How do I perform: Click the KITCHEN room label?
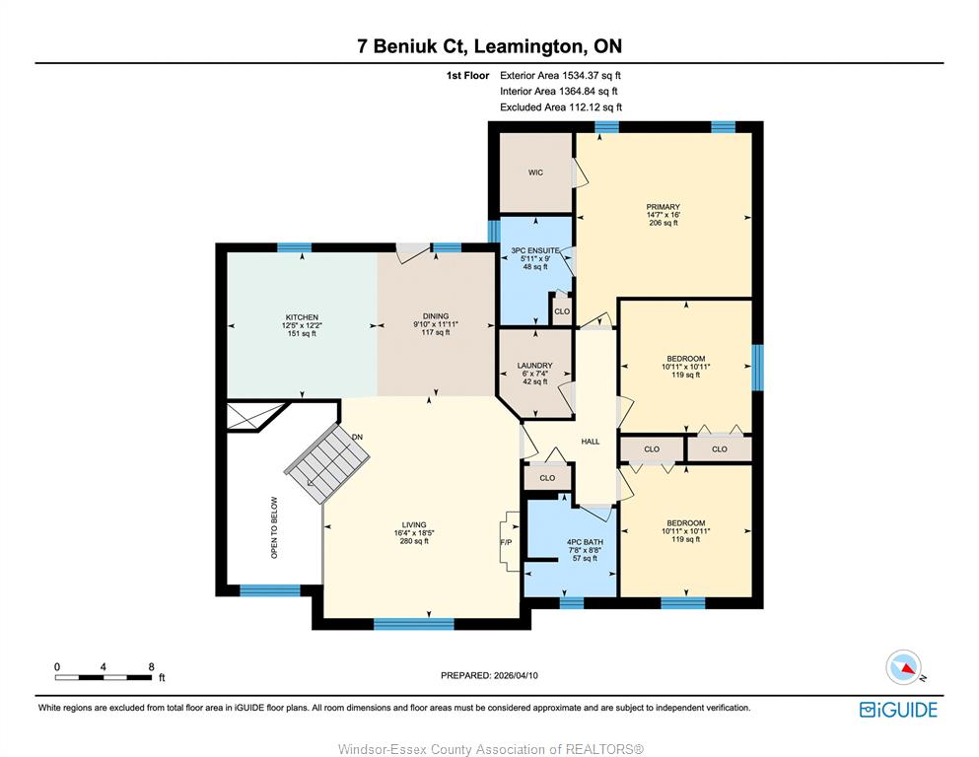pos(303,317)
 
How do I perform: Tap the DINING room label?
pos(435,315)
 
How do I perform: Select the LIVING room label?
pos(414,524)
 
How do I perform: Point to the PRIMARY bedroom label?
pos(664,207)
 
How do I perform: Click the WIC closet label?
pos(535,172)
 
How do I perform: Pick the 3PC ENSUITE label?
pos(535,250)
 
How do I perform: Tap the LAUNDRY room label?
pos(535,365)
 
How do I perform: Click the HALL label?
pos(590,442)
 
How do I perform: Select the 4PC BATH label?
pos(585,542)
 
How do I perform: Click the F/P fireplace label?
pos(506,542)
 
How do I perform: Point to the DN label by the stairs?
pos(357,437)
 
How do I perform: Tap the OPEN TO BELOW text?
pos(274,527)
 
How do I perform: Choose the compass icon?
pos(903,667)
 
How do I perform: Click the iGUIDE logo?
pos(898,710)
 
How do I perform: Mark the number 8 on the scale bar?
pos(151,666)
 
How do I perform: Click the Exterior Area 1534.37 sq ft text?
pos(560,76)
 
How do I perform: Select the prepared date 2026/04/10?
pos(516,675)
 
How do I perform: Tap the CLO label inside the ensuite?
pos(562,310)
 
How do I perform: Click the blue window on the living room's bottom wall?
pos(413,624)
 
